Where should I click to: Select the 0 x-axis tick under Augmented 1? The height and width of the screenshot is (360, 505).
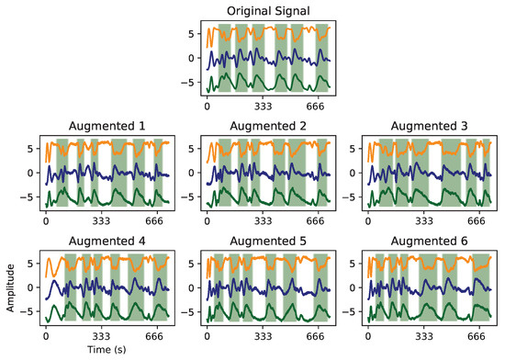[46, 222]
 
